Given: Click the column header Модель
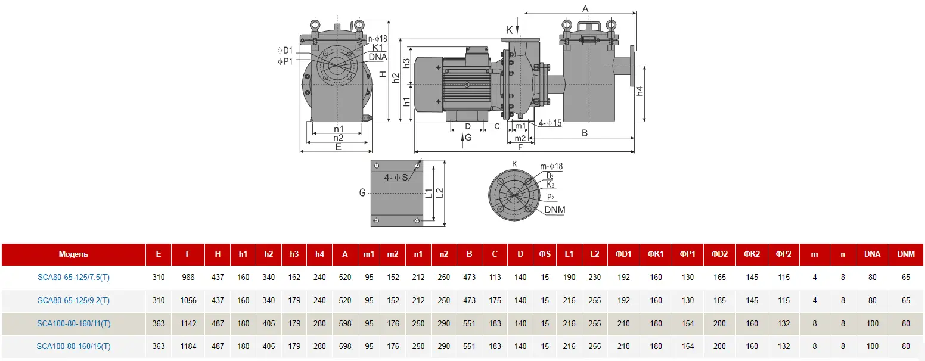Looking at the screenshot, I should tap(73, 254).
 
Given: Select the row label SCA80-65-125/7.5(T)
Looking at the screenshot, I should tap(73, 277).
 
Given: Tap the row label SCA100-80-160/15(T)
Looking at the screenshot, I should tap(73, 346).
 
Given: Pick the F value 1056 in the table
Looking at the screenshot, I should tap(188, 300).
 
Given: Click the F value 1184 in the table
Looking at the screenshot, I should tap(188, 346).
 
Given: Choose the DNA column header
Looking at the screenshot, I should tap(872, 254).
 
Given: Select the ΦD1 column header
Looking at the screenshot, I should tap(623, 254).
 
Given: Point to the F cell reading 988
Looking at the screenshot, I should tap(188, 277).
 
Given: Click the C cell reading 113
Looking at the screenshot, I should tap(495, 277).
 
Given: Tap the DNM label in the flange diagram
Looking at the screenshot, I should tap(554, 210).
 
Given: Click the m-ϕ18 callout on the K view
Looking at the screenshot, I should tap(551, 166).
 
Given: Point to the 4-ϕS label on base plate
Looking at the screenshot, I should tap(396, 178).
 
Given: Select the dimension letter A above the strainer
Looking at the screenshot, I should tap(585, 8).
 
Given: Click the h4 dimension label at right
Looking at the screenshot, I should tap(640, 91).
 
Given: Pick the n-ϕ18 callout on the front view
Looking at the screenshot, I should tap(377, 39).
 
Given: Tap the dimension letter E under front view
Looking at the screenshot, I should tap(338, 147).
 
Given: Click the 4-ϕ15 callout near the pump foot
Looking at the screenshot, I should tap(550, 123).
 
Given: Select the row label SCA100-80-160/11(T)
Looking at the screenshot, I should tap(73, 323).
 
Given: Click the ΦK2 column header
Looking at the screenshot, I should tap(752, 254).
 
